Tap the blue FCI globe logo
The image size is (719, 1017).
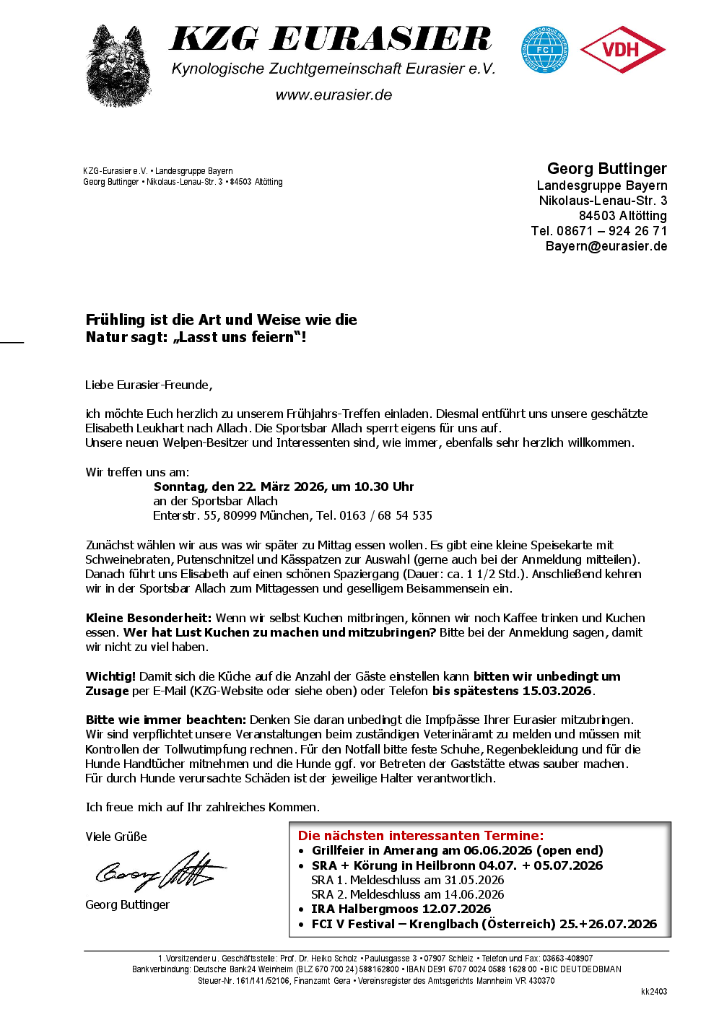pyautogui.click(x=545, y=50)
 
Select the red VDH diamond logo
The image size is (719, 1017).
pyautogui.click(x=622, y=50)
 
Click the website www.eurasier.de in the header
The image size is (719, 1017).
pyautogui.click(x=334, y=95)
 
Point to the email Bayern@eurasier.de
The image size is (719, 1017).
pyautogui.click(x=606, y=246)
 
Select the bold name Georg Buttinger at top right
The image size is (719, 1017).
pyautogui.click(x=606, y=169)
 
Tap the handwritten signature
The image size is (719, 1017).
pyautogui.click(x=160, y=871)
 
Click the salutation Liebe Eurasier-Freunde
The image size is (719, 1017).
pyautogui.click(x=148, y=385)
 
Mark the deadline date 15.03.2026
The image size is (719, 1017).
pyautogui.click(x=557, y=691)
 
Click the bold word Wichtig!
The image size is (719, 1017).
pyautogui.click(x=110, y=676)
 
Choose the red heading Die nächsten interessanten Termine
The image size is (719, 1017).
pyautogui.click(x=420, y=835)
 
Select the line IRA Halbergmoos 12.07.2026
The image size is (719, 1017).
pyautogui.click(x=401, y=909)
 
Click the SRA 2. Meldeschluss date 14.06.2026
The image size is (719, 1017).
pyautogui.click(x=474, y=894)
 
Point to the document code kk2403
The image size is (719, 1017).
pyautogui.click(x=653, y=992)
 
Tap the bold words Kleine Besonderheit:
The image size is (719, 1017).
pyautogui.click(x=148, y=618)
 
